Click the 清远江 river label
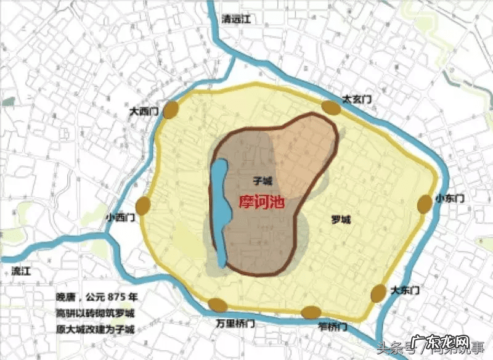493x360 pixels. pos(237,19)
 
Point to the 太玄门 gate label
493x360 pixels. pos(357,99)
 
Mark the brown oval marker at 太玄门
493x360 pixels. pos(332,108)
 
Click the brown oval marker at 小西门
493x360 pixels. pos(144,206)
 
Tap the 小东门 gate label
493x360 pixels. pos(449,198)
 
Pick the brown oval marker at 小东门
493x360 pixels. pos(425,204)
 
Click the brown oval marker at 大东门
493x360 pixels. pos(379,293)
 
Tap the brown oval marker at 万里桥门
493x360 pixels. pos(218,305)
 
